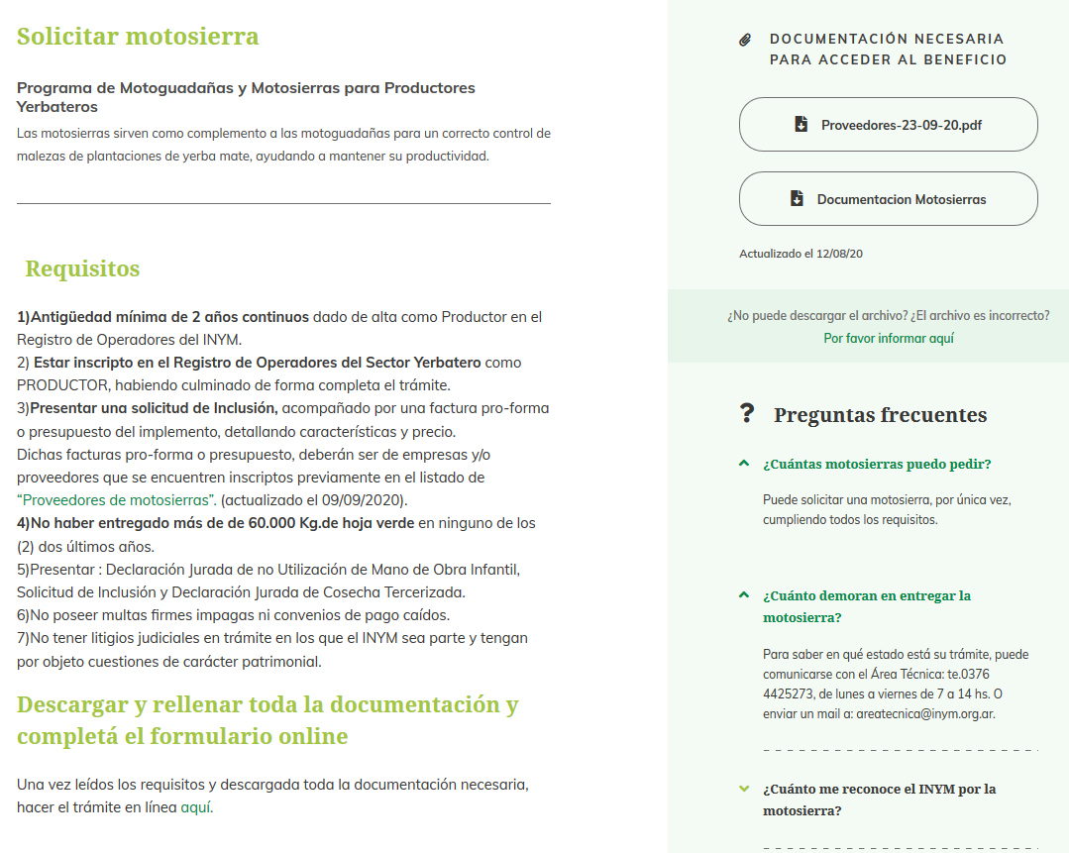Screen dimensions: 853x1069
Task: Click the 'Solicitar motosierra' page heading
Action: [138, 37]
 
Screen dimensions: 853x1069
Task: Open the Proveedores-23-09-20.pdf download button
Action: [888, 125]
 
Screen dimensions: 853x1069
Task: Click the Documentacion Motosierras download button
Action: [888, 199]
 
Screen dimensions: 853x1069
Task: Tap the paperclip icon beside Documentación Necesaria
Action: [746, 40]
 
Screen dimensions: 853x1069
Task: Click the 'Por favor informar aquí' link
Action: [889, 338]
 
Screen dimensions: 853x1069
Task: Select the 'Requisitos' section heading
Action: [82, 268]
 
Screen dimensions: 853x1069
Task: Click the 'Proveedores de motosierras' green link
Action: [116, 500]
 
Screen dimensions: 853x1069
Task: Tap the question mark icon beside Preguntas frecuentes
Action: [747, 414]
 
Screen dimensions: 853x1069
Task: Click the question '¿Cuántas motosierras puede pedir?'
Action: [877, 464]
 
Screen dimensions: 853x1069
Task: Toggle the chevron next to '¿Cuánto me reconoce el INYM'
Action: [744, 790]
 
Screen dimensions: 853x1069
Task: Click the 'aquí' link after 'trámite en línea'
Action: [195, 807]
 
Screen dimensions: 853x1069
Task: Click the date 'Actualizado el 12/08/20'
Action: [801, 254]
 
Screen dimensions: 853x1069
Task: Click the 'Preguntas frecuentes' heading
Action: [880, 415]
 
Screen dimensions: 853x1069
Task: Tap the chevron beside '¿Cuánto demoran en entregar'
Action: [744, 596]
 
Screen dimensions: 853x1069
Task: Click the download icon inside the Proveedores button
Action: [801, 125]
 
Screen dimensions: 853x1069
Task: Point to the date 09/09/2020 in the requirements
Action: [366, 500]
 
